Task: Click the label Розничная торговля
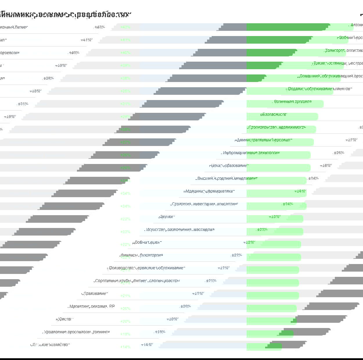pos(293,102)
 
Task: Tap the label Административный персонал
pos(263,140)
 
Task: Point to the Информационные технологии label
pos(250,153)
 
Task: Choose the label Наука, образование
pos(229,166)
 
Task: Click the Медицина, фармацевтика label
pos(209,191)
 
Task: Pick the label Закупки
pos(167,217)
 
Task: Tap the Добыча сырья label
pos(147,242)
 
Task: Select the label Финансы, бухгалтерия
pos(142,255)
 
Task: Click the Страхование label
pos(95,293)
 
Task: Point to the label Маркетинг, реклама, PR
pos(92,306)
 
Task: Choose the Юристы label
pos(64,319)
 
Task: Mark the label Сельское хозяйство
pos(50,345)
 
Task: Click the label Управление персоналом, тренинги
pos(76,332)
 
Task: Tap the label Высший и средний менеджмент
pos(227,179)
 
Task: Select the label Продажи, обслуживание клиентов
pos(319,89)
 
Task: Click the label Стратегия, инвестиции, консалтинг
pos(204,204)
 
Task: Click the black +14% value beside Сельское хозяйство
pos(147,345)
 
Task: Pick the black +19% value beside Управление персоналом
pos(160,332)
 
